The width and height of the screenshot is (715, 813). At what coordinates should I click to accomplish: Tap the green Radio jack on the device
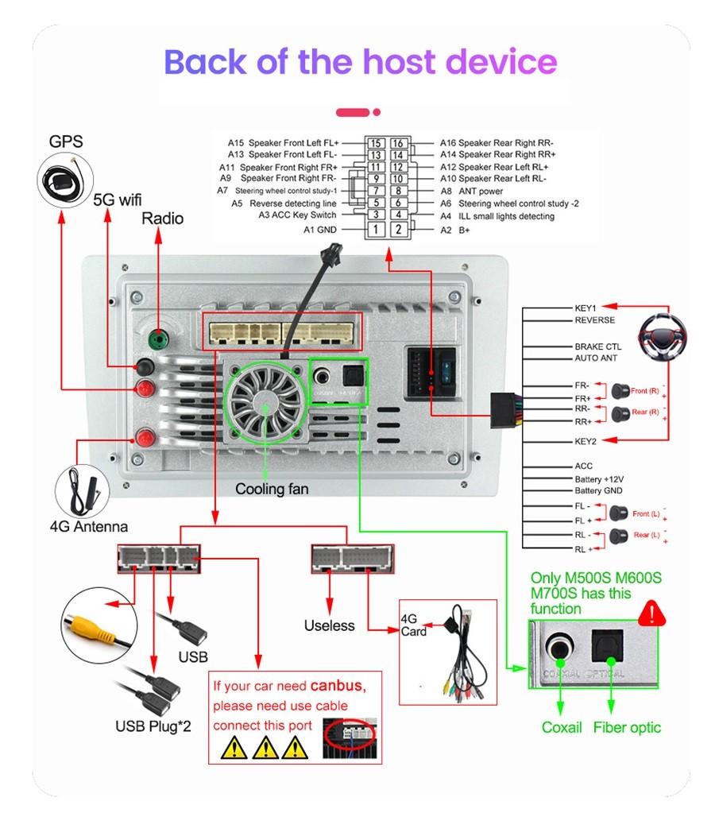160,339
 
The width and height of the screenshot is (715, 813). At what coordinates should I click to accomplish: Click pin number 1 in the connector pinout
375,230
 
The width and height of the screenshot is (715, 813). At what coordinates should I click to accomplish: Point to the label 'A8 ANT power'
471,192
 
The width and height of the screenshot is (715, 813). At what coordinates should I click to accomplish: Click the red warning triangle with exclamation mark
652,614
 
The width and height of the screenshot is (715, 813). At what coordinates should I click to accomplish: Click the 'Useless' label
329,625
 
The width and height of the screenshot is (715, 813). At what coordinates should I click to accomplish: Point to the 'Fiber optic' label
627,727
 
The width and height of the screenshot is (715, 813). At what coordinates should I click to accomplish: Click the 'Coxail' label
562,727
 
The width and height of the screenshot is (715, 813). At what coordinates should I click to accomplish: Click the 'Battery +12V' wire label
599,479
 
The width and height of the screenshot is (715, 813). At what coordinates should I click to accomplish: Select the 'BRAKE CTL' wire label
597,346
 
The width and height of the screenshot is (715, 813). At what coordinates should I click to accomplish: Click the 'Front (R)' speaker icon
620,390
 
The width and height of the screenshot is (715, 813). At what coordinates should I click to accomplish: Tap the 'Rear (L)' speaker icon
620,536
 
